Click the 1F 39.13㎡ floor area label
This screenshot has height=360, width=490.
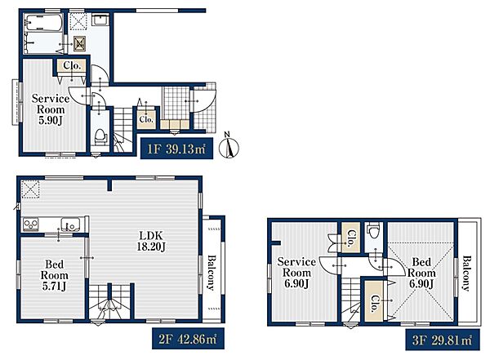point(176,149)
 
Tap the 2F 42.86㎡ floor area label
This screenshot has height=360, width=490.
point(188,339)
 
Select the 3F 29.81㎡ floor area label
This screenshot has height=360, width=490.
point(443,340)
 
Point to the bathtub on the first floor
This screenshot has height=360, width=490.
point(43,23)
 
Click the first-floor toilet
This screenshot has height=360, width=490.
point(100,136)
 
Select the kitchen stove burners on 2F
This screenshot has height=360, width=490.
point(31,224)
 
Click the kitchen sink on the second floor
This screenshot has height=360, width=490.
point(70,224)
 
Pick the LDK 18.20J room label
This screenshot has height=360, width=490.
point(151,241)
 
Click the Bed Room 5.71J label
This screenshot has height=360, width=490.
point(55,275)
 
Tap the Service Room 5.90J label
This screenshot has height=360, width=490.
point(51,109)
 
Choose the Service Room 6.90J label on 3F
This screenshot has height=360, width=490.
point(296,273)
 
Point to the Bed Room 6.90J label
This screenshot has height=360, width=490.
point(421,273)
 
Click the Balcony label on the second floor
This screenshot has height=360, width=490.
point(212,273)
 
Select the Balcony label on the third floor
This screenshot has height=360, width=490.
point(467,273)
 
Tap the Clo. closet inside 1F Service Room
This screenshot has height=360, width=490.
point(72,65)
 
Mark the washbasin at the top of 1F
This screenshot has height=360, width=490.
point(100,20)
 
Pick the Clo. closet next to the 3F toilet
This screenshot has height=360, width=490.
point(350,238)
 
